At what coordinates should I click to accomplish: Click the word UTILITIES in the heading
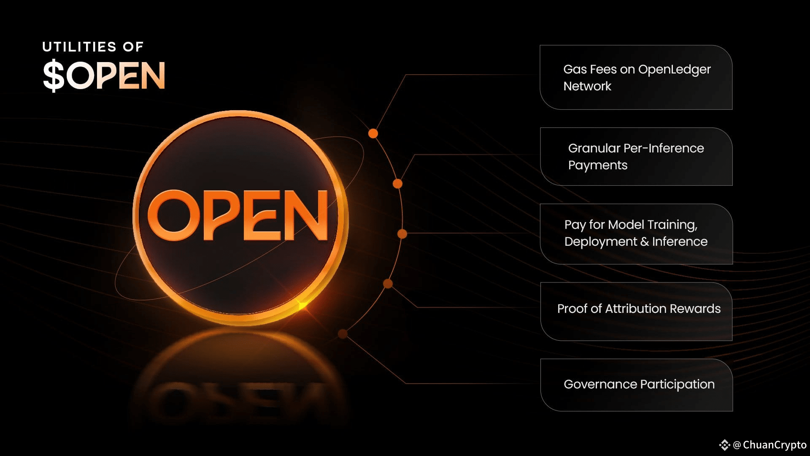(79, 47)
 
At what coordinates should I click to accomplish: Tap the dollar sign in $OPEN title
(54, 76)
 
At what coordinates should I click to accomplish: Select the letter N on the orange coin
(305, 215)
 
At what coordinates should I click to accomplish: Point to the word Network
(587, 87)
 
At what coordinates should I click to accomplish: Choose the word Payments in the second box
(597, 166)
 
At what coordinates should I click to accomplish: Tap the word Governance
(600, 385)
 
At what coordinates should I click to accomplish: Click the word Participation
(677, 385)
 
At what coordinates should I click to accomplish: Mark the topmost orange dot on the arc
(373, 133)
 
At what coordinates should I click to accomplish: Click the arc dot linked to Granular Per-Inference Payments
(397, 184)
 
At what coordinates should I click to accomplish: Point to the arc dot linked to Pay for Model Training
(402, 233)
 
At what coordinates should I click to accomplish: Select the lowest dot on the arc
(343, 334)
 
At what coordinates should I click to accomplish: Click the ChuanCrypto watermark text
(774, 445)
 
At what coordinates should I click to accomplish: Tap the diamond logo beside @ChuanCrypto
(724, 445)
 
